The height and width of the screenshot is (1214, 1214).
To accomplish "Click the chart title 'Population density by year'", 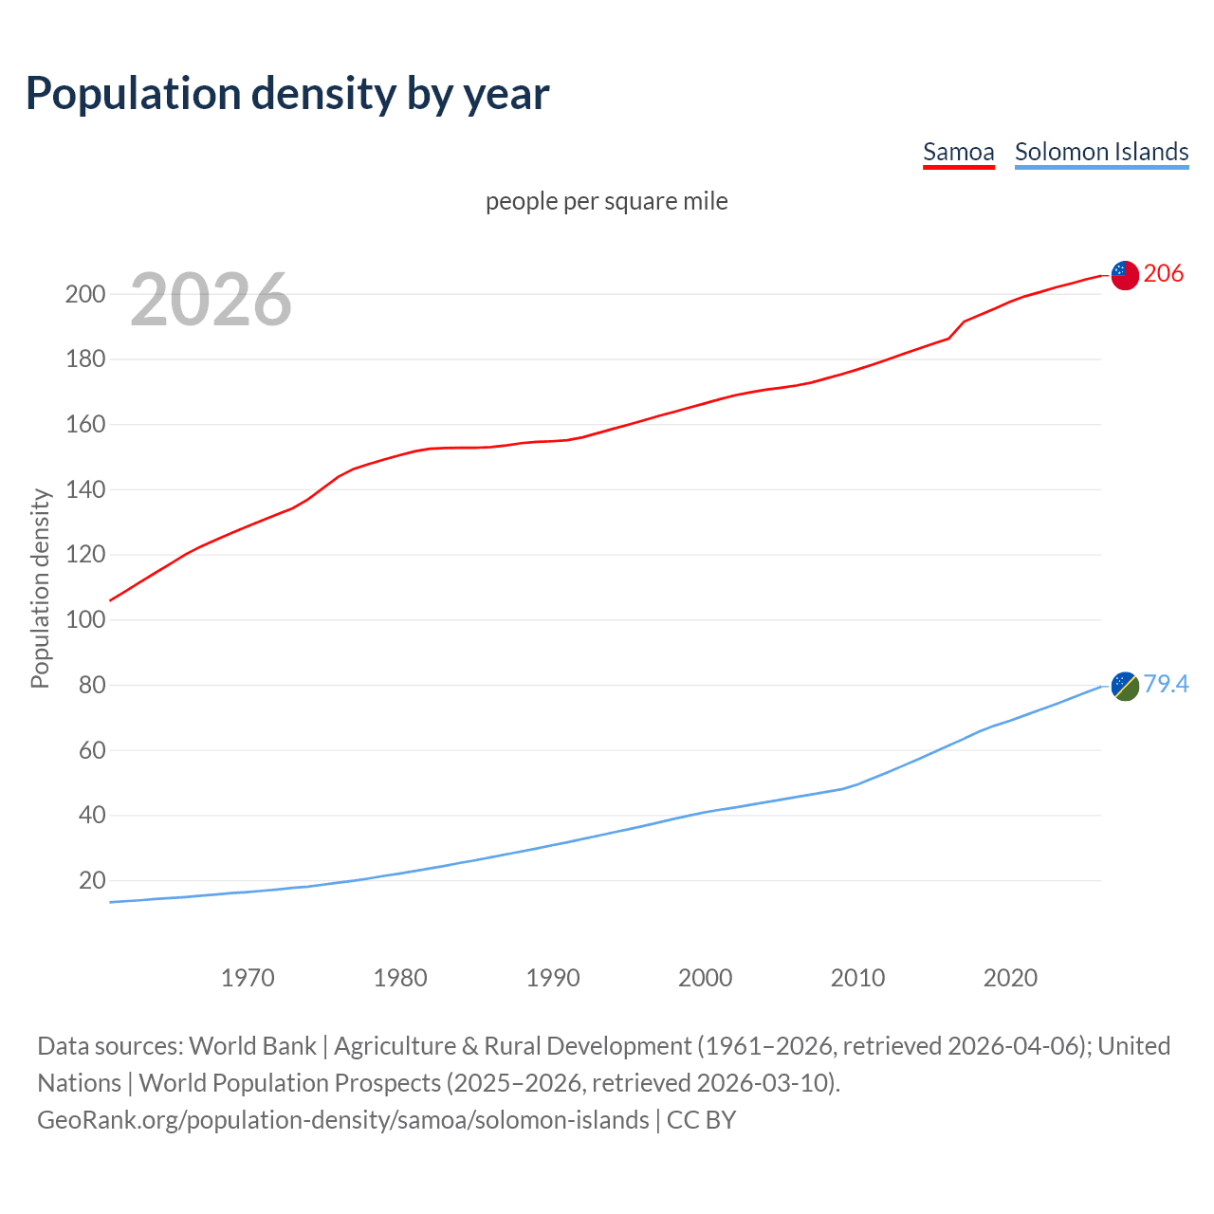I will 287,93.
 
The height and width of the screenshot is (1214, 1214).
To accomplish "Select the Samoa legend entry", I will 958,152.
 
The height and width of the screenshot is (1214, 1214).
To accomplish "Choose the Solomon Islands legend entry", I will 1101,152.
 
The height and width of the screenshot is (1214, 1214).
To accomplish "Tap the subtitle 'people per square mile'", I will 606,201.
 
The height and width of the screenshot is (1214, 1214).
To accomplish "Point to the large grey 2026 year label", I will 211,300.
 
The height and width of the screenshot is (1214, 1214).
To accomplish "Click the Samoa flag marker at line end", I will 1124,275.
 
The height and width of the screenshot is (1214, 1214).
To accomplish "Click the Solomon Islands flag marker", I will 1124,686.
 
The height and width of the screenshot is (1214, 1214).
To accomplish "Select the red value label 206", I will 1164,273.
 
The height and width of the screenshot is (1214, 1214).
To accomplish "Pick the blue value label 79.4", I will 1166,684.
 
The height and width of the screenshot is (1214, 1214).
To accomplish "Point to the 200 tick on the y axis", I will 84,294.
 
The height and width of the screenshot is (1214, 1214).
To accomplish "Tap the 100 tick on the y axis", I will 84,620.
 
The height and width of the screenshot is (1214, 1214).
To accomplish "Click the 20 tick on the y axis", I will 92,880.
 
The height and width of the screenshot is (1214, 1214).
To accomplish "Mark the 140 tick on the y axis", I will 84,489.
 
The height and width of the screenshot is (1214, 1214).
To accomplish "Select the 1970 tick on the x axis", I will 248,978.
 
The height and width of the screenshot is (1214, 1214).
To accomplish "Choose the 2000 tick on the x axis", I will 705,978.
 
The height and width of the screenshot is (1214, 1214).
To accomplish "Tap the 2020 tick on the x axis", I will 1010,978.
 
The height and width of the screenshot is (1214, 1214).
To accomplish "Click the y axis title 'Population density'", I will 40,588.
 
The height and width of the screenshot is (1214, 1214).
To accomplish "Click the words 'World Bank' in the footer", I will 252,1046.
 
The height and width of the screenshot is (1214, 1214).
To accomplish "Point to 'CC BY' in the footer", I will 701,1120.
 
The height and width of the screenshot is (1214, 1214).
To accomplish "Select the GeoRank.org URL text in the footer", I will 342,1120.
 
